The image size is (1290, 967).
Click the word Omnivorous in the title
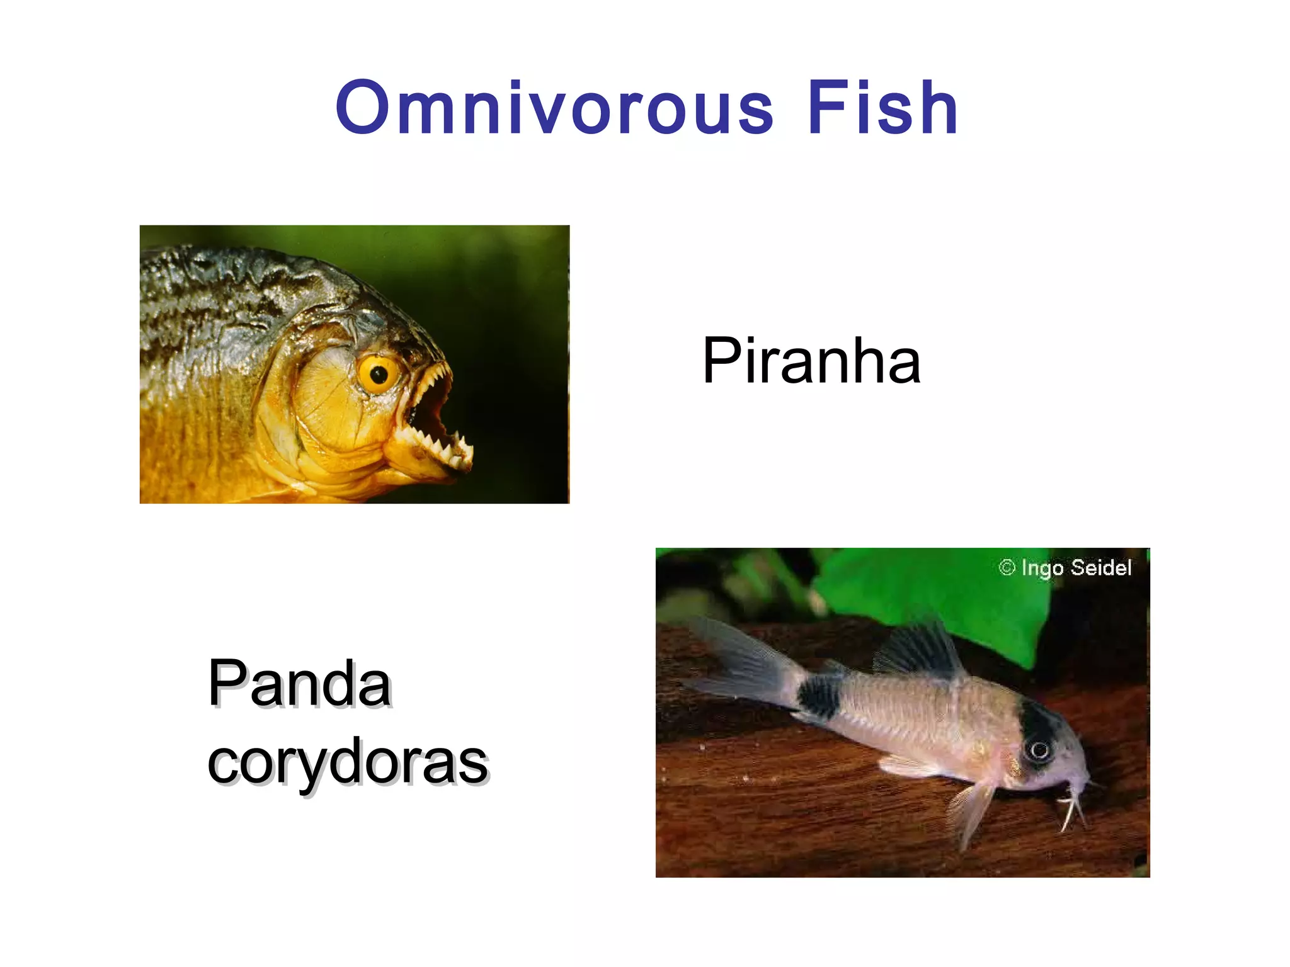[x=554, y=108]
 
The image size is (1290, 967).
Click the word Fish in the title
[x=882, y=108]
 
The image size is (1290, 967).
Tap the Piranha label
[x=811, y=361]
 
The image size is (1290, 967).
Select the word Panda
[x=300, y=684]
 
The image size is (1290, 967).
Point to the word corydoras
[x=348, y=762]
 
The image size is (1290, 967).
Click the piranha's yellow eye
[x=378, y=375]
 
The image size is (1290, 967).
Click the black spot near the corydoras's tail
[x=819, y=696]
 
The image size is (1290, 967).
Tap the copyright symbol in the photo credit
[x=1007, y=568]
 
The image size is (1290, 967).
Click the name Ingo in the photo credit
[x=1042, y=568]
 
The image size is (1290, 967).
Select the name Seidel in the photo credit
[x=1100, y=568]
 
